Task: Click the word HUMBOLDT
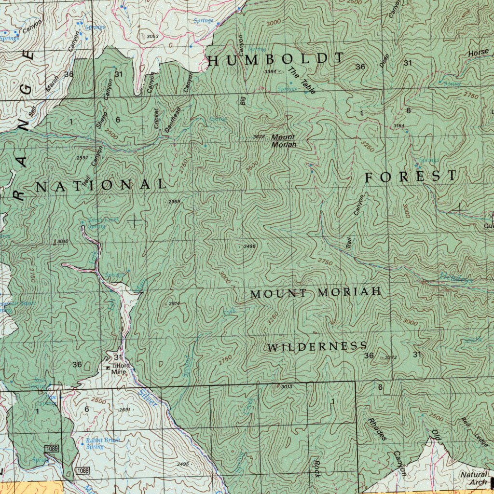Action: [276, 59]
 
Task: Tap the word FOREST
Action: [410, 177]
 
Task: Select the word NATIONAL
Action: [101, 185]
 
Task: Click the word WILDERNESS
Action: [317, 346]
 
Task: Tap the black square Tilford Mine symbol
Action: [108, 368]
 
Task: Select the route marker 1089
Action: [52, 449]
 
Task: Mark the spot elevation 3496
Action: [249, 246]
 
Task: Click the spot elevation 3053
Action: [152, 36]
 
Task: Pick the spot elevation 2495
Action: [183, 464]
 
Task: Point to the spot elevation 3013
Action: [286, 386]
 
